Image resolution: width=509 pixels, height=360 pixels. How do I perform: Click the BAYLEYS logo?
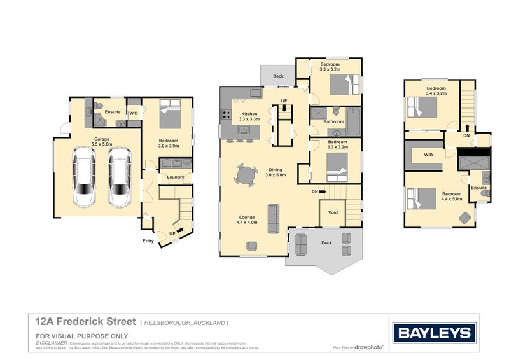click(435, 332)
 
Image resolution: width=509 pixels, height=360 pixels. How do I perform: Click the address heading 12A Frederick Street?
click(85, 323)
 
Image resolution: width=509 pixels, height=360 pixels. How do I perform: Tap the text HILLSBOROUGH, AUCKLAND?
click(185, 323)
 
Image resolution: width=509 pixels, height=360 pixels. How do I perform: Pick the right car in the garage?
click(119, 178)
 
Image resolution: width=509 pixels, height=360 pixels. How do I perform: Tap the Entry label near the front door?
click(148, 240)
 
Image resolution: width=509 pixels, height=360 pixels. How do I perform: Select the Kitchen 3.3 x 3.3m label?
click(248, 116)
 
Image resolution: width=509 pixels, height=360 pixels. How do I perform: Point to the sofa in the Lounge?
click(274, 218)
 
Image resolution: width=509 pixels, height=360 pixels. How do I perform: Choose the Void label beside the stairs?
click(333, 212)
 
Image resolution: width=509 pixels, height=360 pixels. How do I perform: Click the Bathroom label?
click(333, 121)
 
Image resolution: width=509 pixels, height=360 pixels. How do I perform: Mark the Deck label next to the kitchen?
click(278, 76)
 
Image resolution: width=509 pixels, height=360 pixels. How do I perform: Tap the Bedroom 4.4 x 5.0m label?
click(452, 197)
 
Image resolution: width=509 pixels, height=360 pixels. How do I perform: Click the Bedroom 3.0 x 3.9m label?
click(168, 144)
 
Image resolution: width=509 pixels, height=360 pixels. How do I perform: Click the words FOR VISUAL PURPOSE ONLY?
click(82, 336)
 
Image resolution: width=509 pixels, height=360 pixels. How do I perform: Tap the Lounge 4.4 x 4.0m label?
click(247, 219)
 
